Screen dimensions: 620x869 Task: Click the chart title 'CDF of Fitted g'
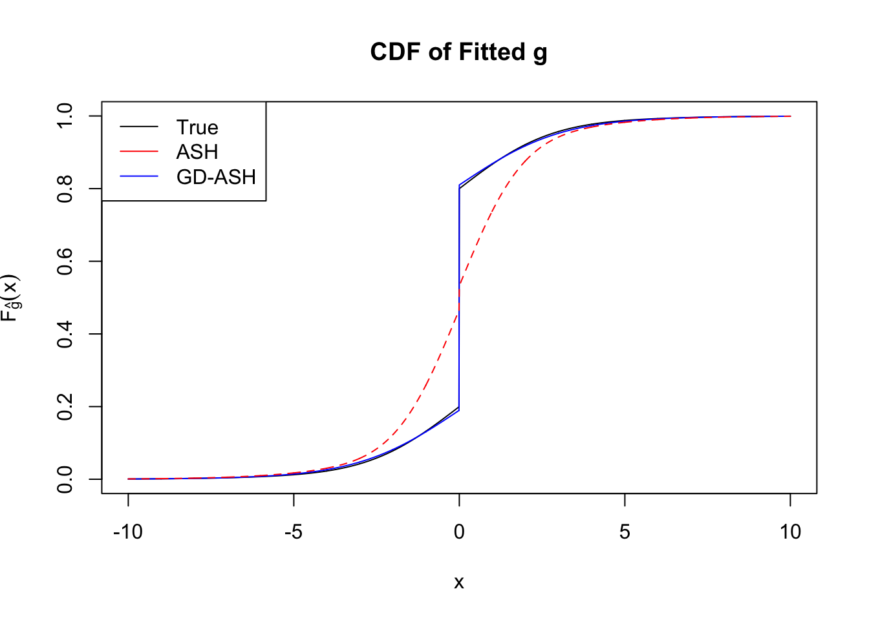458,52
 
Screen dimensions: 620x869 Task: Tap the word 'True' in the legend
197,127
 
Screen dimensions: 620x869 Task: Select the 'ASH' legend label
197,152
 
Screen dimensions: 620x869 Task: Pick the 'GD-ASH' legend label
216,177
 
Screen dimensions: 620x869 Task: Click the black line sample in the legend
139,127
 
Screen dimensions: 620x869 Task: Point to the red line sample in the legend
139,151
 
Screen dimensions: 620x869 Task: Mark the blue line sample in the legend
139,176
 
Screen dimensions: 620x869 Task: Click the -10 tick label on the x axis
127,532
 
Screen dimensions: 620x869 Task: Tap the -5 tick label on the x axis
294,532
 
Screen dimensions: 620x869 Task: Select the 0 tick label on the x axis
459,532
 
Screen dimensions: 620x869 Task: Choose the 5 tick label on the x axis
625,532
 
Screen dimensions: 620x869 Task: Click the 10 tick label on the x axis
790,532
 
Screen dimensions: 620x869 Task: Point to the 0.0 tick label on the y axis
65,479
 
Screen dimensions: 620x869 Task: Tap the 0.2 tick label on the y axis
65,407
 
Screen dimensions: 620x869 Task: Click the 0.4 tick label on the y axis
65,334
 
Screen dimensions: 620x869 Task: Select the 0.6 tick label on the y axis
65,262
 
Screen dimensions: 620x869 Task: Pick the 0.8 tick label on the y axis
65,189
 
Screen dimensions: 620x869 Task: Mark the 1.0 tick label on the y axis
65,116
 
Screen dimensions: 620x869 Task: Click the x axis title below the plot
459,583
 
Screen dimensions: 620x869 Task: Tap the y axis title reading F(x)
12,298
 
